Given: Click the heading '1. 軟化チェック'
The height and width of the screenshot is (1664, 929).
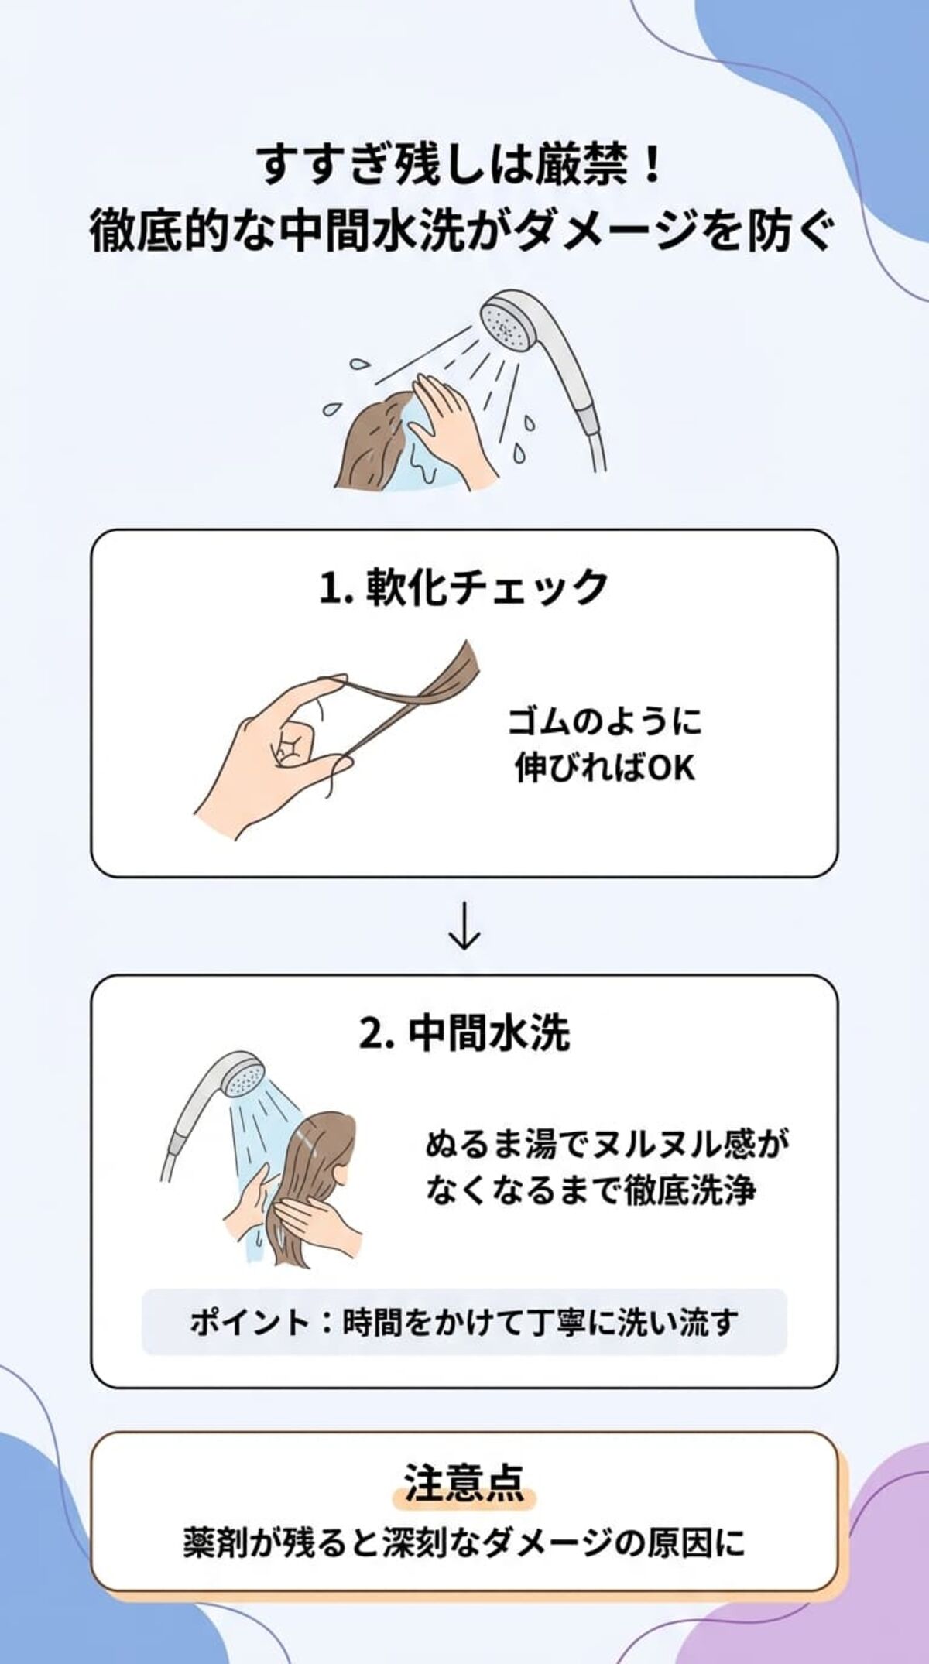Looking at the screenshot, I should pyautogui.click(x=464, y=587).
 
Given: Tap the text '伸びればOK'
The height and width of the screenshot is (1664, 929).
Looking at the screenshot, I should pyautogui.click(x=605, y=769).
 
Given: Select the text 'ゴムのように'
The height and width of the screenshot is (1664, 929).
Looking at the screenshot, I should pyautogui.click(x=605, y=721).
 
